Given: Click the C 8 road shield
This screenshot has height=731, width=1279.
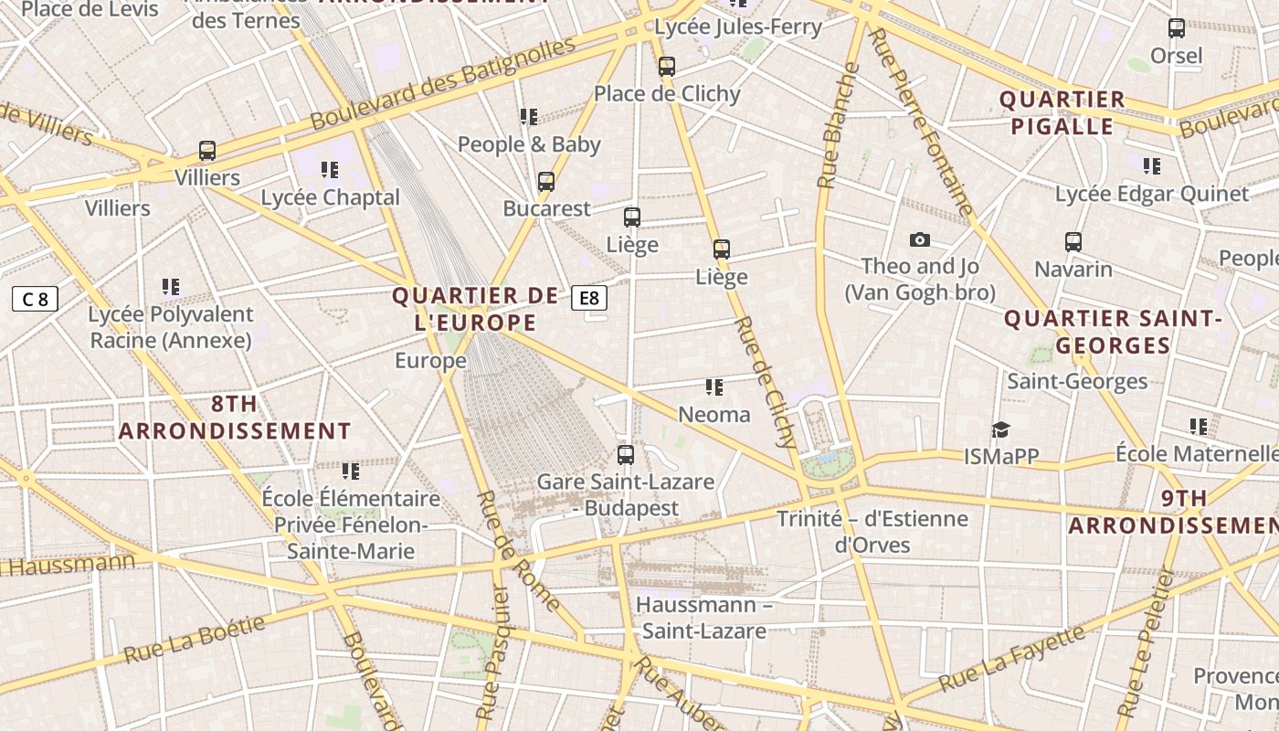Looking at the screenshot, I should pyautogui.click(x=35, y=299).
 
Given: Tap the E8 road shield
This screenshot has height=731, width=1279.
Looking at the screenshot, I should pyautogui.click(x=589, y=298).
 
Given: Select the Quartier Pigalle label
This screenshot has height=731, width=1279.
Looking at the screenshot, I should pyautogui.click(x=1062, y=112).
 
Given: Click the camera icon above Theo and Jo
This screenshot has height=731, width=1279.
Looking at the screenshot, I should pyautogui.click(x=920, y=240).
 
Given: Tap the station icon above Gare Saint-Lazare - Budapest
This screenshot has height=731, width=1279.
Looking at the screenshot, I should pyautogui.click(x=626, y=454).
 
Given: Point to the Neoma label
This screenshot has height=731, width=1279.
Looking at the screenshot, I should pyautogui.click(x=714, y=415).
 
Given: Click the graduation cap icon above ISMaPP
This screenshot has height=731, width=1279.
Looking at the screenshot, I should pyautogui.click(x=1001, y=429).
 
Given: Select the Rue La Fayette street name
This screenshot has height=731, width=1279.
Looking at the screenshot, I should pyautogui.click(x=1011, y=658).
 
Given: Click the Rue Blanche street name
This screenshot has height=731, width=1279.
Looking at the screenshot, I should pyautogui.click(x=839, y=125).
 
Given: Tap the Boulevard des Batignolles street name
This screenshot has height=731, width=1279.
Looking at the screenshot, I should pyautogui.click(x=443, y=83).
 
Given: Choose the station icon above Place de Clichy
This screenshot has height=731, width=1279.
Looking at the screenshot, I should pyautogui.click(x=667, y=66).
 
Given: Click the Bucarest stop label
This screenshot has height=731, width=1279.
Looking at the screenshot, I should pyautogui.click(x=547, y=208).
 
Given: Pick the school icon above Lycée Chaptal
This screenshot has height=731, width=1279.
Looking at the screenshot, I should pyautogui.click(x=330, y=169).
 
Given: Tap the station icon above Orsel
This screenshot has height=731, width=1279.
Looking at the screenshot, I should pyautogui.click(x=1177, y=28).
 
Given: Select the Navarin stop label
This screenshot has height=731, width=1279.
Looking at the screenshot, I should pyautogui.click(x=1073, y=270).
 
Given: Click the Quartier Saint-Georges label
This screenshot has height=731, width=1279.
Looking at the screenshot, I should pyautogui.click(x=1113, y=332).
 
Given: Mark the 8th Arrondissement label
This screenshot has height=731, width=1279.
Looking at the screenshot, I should pyautogui.click(x=235, y=418).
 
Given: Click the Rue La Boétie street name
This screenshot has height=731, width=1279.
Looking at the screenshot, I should pyautogui.click(x=194, y=640).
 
